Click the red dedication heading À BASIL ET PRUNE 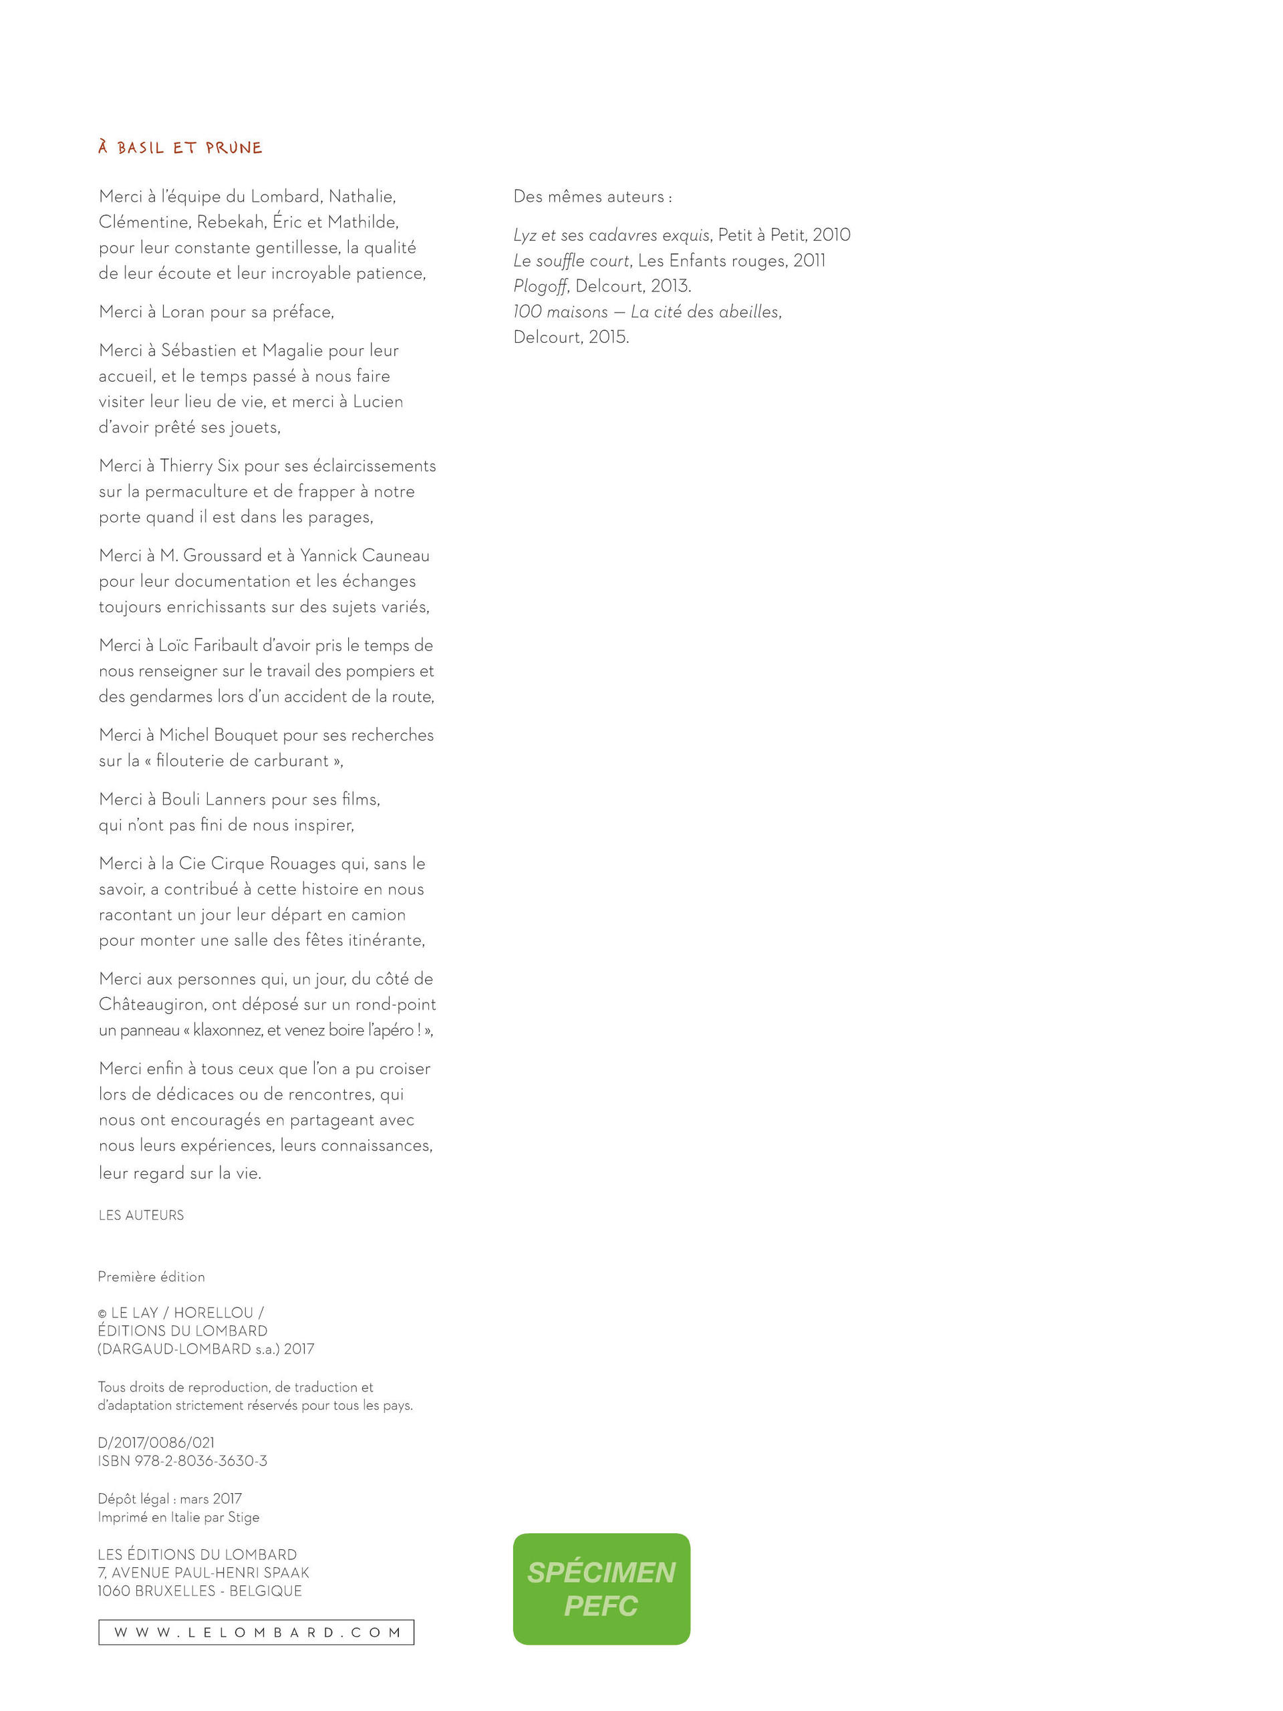[180, 148]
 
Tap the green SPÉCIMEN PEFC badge [601, 1589]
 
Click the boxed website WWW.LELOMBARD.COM [256, 1632]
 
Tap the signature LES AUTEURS [141, 1215]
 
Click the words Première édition [151, 1277]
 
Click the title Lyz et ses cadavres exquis [611, 235]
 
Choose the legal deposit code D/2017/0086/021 [156, 1442]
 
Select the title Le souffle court [571, 261]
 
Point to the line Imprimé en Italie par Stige [178, 1518]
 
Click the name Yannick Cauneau [364, 555]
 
